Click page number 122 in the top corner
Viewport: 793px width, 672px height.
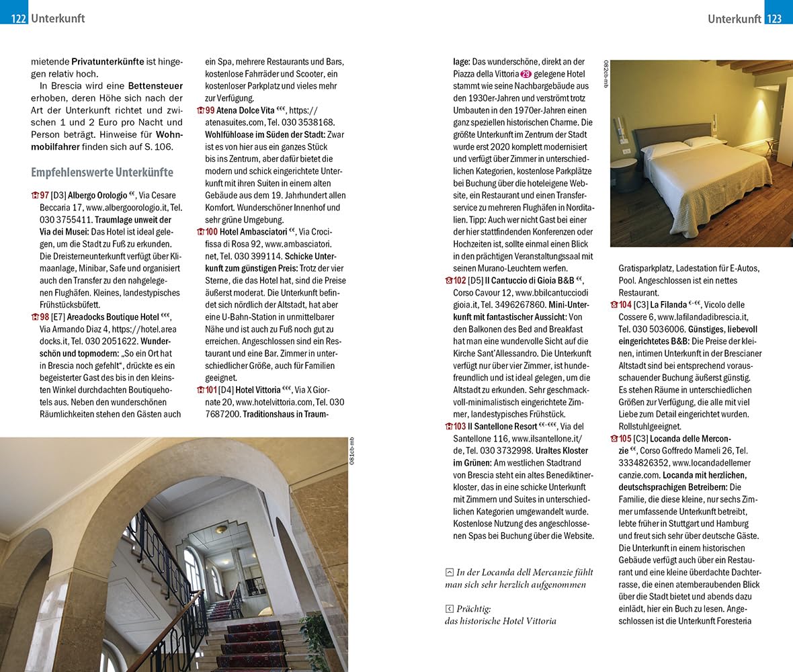click(x=18, y=19)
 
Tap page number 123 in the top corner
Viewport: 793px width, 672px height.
click(x=774, y=19)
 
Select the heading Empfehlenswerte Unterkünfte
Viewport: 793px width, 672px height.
click(x=101, y=173)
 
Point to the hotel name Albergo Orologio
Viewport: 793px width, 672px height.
click(x=97, y=196)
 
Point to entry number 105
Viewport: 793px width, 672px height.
click(x=622, y=439)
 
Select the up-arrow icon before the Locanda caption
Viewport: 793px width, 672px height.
click(x=449, y=573)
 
